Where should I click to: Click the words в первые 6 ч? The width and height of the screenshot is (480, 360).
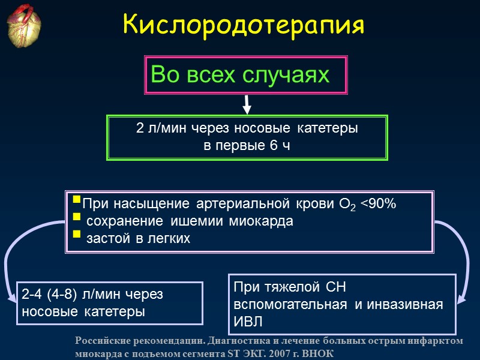[x=247, y=146]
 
